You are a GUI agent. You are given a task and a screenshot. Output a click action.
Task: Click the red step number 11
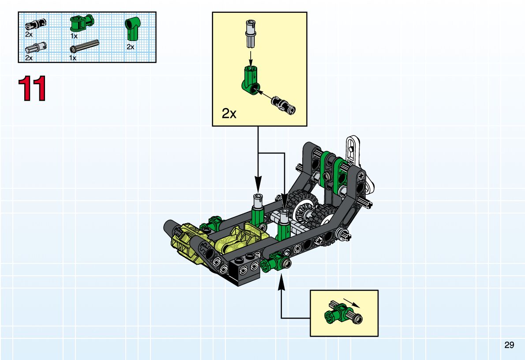(x=32, y=88)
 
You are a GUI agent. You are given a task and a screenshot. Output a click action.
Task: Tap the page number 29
(x=509, y=345)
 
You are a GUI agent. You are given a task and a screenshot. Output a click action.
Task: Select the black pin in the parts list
(x=35, y=24)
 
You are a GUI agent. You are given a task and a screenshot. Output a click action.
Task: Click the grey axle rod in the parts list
(x=84, y=47)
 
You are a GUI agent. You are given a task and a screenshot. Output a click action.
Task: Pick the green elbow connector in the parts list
(x=133, y=28)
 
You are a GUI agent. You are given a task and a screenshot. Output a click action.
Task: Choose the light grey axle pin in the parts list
(x=36, y=48)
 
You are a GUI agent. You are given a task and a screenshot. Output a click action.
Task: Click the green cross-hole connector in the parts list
(x=82, y=23)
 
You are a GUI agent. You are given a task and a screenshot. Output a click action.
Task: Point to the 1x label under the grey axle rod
(x=73, y=58)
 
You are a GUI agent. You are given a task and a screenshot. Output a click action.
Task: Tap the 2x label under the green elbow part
(x=130, y=47)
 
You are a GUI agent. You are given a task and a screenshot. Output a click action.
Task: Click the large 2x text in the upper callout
(x=229, y=113)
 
